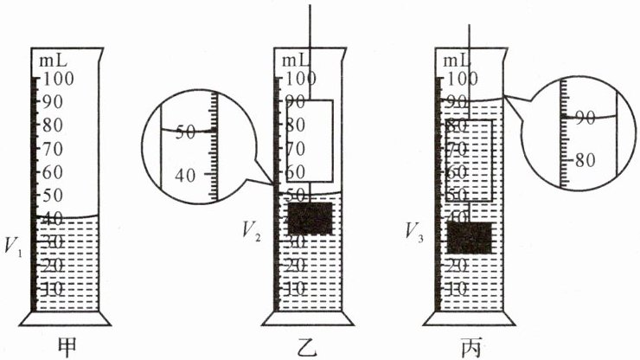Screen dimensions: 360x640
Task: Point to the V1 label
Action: tap(14, 245)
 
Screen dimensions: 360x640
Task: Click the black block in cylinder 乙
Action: tap(309, 218)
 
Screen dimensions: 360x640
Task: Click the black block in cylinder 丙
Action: tap(470, 237)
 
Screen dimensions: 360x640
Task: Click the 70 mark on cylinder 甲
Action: tap(54, 148)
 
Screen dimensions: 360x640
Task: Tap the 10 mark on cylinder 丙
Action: tap(458, 288)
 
